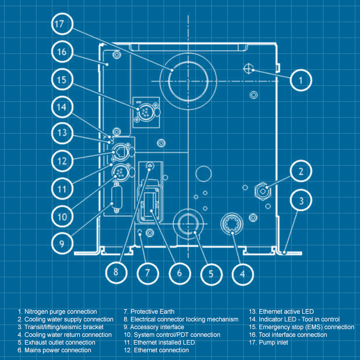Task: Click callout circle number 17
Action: click(62, 24)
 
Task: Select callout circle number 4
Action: click(242, 274)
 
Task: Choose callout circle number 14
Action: click(62, 107)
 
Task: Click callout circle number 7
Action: click(147, 273)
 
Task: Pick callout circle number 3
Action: click(302, 200)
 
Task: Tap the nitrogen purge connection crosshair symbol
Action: click(249, 69)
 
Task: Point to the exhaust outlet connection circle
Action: click(189, 224)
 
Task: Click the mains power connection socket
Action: click(150, 202)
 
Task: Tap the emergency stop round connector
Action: click(143, 110)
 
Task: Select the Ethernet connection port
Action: click(120, 151)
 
